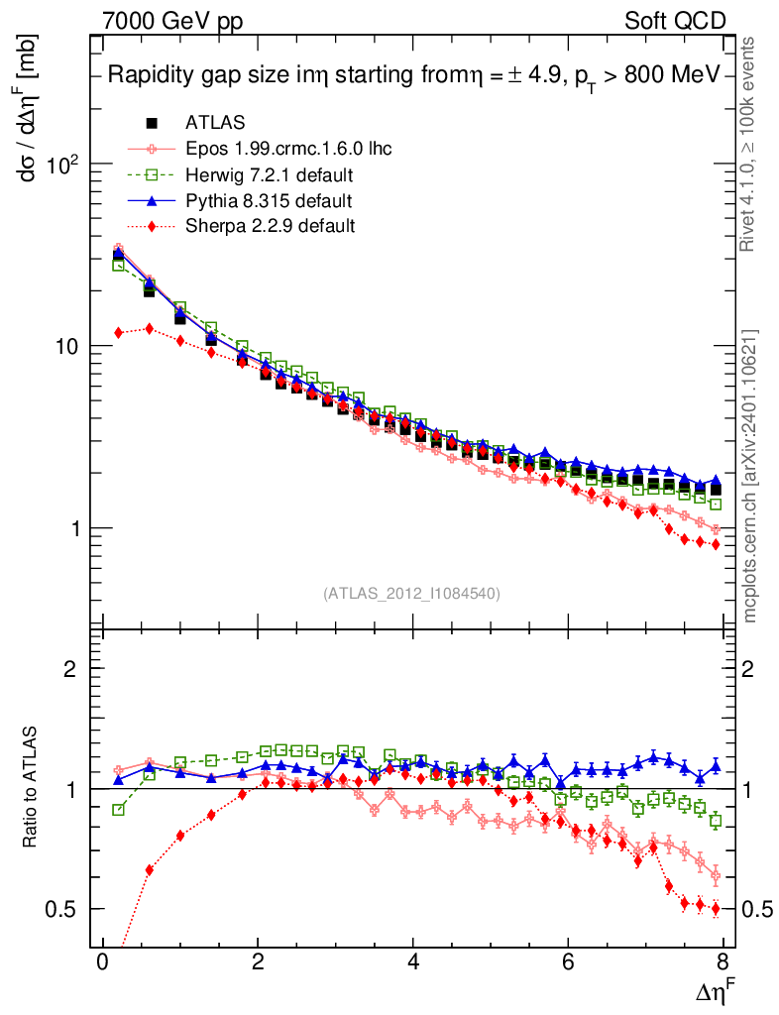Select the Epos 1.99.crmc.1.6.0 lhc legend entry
click(288, 149)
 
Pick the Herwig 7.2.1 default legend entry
click(270, 174)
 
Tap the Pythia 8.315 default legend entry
click(269, 200)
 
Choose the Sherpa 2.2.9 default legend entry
click(270, 226)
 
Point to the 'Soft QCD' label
click(675, 21)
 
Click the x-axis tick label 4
click(413, 966)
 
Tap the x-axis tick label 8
click(723, 966)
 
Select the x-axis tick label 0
click(103, 966)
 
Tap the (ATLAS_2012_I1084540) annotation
click(411, 594)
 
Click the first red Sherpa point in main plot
click(119, 333)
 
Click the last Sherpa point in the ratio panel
click(716, 909)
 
